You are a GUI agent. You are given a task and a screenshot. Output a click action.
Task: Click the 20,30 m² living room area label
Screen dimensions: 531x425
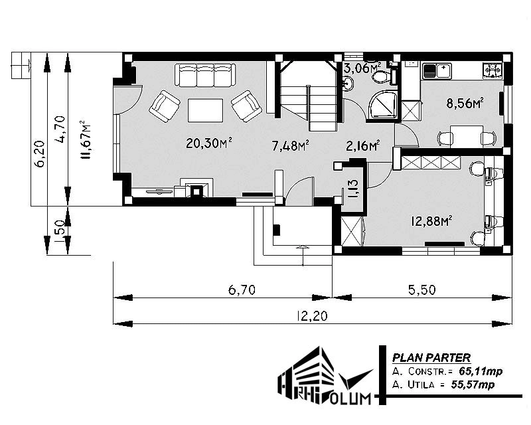[209, 143]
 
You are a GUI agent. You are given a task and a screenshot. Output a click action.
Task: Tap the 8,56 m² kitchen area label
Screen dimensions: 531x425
[465, 102]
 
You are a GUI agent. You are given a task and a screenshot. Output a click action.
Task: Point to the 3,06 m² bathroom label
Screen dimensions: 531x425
[362, 68]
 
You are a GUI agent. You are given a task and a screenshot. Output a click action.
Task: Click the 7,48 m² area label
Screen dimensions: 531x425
[290, 145]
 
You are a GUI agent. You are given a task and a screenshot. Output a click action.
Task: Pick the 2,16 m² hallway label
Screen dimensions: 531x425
[362, 145]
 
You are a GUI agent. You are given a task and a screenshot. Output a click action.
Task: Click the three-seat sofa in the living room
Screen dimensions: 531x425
[206, 75]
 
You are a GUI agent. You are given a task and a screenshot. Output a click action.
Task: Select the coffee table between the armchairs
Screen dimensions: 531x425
[205, 110]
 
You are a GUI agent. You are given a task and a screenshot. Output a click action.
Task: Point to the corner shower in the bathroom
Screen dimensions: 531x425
[383, 105]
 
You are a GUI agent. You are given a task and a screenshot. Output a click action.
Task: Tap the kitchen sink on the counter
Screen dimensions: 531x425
[437, 71]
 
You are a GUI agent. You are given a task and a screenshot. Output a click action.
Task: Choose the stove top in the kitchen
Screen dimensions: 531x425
[493, 70]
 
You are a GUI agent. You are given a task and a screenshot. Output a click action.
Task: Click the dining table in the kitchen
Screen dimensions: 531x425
[467, 136]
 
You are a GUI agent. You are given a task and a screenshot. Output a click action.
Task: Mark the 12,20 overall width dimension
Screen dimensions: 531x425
[312, 316]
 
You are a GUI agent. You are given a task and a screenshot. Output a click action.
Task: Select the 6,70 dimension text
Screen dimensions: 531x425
[242, 290]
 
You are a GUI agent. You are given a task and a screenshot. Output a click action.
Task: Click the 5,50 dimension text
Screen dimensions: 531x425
[421, 290]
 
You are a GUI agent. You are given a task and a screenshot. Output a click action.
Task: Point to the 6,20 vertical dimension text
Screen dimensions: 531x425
[40, 153]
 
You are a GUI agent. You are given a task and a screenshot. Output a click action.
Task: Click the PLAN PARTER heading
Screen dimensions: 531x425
[431, 357]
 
